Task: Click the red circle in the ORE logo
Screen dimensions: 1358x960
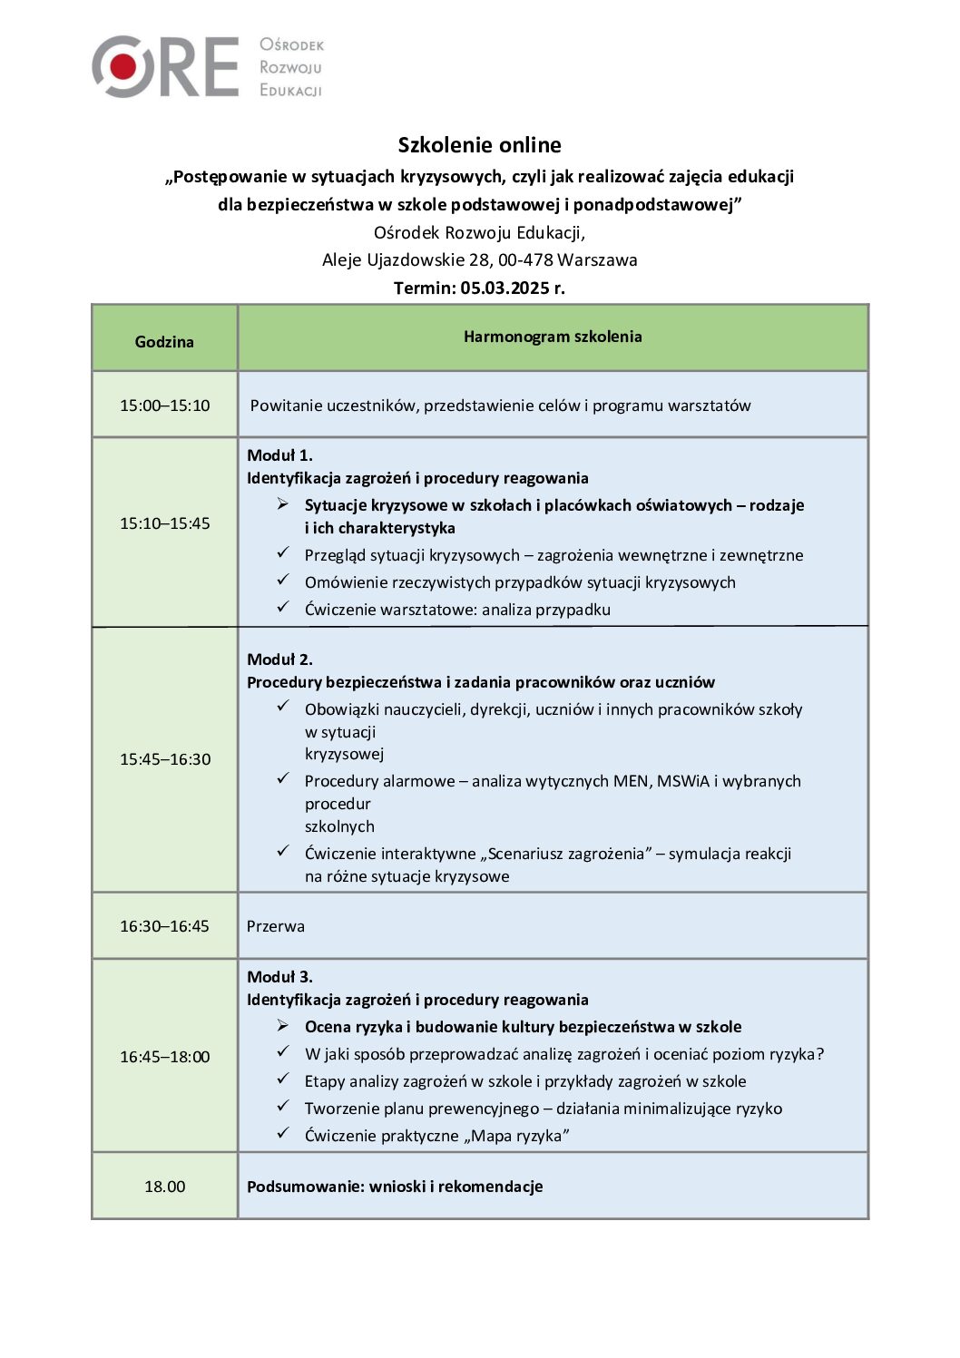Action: [123, 66]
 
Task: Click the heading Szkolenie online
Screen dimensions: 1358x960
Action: [479, 145]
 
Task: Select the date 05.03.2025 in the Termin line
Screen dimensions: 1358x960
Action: [504, 288]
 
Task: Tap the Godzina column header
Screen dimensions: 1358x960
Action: [164, 342]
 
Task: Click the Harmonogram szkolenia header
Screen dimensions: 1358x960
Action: [553, 337]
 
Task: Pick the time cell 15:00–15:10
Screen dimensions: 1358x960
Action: [164, 405]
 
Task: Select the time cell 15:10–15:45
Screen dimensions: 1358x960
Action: [164, 523]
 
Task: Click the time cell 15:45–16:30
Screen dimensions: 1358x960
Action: [164, 759]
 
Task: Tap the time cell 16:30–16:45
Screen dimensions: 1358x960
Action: [164, 926]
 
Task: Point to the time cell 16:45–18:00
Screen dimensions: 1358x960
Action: [164, 1057]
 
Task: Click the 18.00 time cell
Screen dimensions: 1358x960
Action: [164, 1187]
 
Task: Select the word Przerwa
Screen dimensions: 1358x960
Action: [276, 926]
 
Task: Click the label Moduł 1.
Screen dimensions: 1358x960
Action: [279, 455]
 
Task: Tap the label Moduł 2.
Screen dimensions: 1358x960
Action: [279, 659]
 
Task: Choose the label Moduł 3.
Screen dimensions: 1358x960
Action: [279, 977]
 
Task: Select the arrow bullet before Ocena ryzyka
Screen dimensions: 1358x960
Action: [283, 1026]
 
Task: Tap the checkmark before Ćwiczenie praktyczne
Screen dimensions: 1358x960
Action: [283, 1134]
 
